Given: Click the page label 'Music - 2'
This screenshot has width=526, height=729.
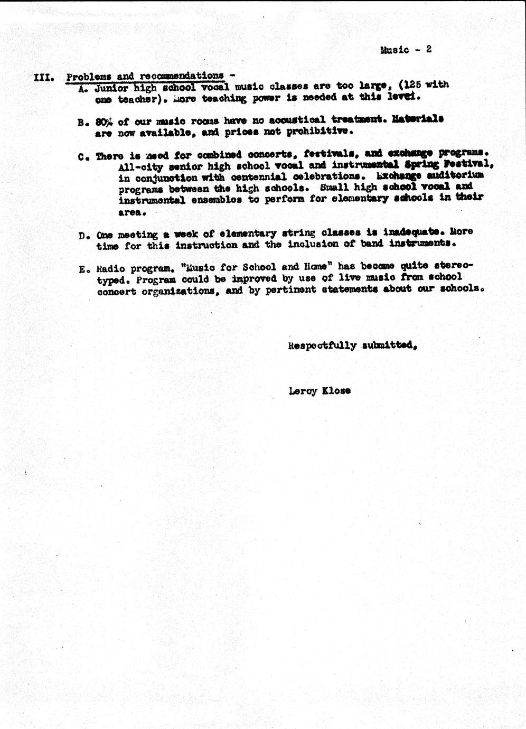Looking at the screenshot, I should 406,50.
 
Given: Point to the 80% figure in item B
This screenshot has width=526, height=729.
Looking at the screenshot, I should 105,121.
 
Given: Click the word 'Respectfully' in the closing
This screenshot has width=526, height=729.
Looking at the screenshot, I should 322,346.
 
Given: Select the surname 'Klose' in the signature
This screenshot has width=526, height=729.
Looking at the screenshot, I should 336,391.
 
